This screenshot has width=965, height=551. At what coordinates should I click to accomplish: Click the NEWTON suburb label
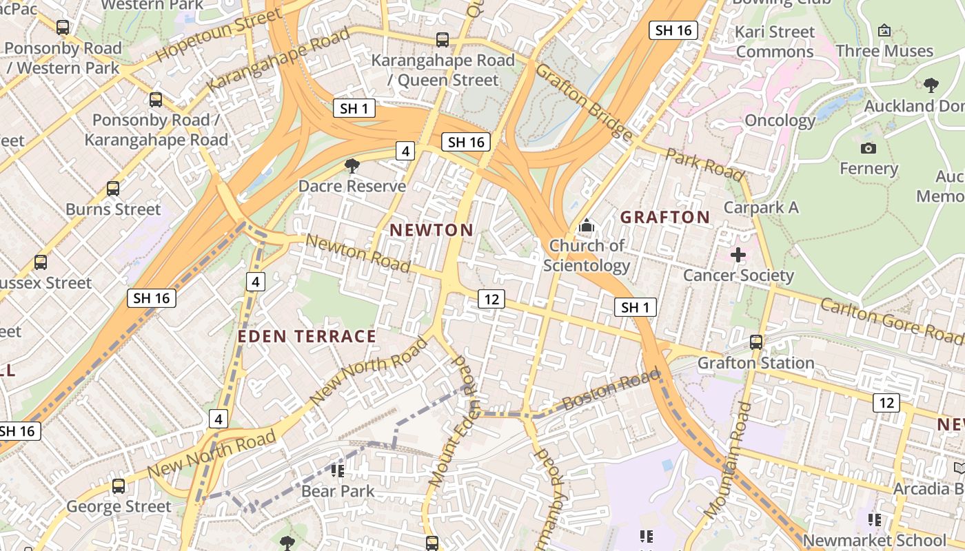[x=432, y=230]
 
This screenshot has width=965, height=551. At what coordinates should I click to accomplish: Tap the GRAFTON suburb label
[x=665, y=217]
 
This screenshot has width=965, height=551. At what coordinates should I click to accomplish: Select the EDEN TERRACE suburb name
[x=307, y=336]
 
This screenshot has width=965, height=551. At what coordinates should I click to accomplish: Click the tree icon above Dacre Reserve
[x=352, y=166]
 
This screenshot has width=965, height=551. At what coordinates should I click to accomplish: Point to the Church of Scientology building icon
[x=587, y=225]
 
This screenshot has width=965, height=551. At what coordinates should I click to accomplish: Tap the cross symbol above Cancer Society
[x=738, y=255]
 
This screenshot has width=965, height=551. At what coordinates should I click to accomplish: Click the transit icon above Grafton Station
[x=756, y=342]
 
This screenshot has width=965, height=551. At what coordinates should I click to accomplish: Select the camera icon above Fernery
[x=868, y=148]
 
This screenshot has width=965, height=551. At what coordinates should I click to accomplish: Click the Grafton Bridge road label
[x=584, y=102]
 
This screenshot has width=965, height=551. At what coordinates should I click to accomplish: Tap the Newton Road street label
[x=358, y=253]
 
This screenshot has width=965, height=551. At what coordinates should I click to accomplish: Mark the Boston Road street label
[x=610, y=390]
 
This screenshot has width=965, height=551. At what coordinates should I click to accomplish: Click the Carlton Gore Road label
[x=892, y=321]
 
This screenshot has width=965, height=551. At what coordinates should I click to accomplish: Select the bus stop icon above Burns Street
[x=113, y=188]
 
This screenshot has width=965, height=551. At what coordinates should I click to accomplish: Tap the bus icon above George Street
[x=119, y=486]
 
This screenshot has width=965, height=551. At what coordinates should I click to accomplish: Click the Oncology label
[x=780, y=121]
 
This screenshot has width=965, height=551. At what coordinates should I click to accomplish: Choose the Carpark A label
[x=761, y=207]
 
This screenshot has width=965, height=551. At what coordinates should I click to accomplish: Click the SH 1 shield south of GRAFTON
[x=635, y=307]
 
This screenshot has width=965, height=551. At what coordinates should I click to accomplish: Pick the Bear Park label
[x=338, y=491]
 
